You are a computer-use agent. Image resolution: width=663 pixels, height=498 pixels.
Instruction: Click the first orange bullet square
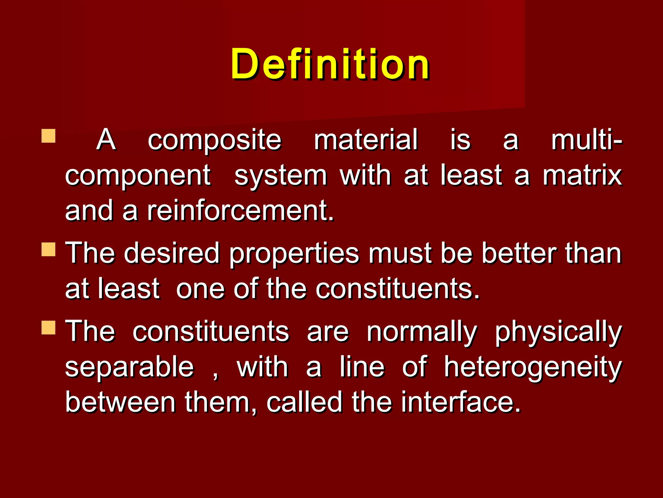coord(49,136)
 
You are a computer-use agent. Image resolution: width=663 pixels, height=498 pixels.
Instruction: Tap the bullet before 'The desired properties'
coord(49,250)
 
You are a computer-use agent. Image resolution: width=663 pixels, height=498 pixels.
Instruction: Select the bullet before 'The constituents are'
coord(49,327)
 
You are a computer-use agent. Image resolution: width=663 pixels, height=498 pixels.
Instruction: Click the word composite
coord(215,140)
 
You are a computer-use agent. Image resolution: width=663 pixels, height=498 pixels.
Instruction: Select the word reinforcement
coord(240,211)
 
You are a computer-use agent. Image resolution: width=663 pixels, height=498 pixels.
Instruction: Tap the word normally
coord(422,333)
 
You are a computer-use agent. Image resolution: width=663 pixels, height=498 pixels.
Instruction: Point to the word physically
coord(558,333)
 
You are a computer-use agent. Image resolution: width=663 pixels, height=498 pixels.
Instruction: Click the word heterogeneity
coord(533,368)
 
